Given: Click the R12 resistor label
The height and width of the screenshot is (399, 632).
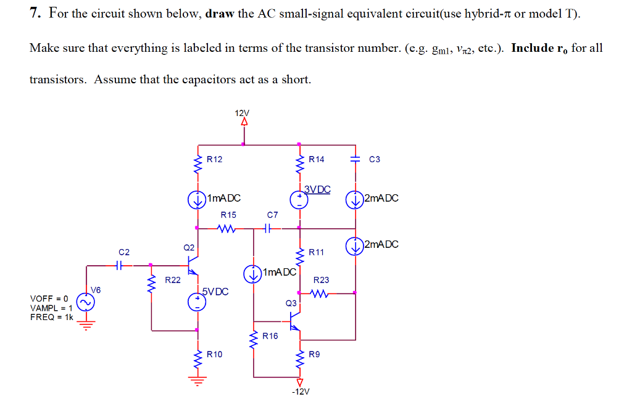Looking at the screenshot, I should click(x=214, y=159).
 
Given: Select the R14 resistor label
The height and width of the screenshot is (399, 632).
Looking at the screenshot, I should click(x=316, y=159).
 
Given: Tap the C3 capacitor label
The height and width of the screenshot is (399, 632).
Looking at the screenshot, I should click(x=375, y=159).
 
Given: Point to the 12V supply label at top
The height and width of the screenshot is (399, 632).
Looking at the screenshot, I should click(x=243, y=113).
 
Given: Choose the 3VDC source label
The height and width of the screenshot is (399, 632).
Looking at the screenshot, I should click(x=317, y=189).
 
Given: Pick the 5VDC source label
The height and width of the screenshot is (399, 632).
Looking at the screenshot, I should click(x=215, y=291).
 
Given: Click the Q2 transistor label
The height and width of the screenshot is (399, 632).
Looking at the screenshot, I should click(x=188, y=247).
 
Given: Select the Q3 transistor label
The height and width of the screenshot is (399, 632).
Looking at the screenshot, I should click(x=291, y=303).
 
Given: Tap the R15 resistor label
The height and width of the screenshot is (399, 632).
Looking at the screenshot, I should click(x=228, y=215).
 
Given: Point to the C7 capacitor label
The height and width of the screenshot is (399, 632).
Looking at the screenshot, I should click(x=272, y=215).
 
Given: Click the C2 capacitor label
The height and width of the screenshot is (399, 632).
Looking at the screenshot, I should click(x=124, y=252).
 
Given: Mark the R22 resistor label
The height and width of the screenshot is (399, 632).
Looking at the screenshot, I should click(x=172, y=280).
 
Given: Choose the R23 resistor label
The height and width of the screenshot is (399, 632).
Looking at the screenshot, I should click(x=322, y=279).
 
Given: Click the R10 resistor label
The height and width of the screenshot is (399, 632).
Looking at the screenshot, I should click(x=214, y=354).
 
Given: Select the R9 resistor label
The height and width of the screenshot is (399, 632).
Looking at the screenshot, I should click(x=314, y=354).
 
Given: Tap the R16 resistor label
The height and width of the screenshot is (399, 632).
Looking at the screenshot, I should click(x=270, y=336).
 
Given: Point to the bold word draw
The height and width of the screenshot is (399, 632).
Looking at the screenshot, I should click(x=219, y=14).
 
